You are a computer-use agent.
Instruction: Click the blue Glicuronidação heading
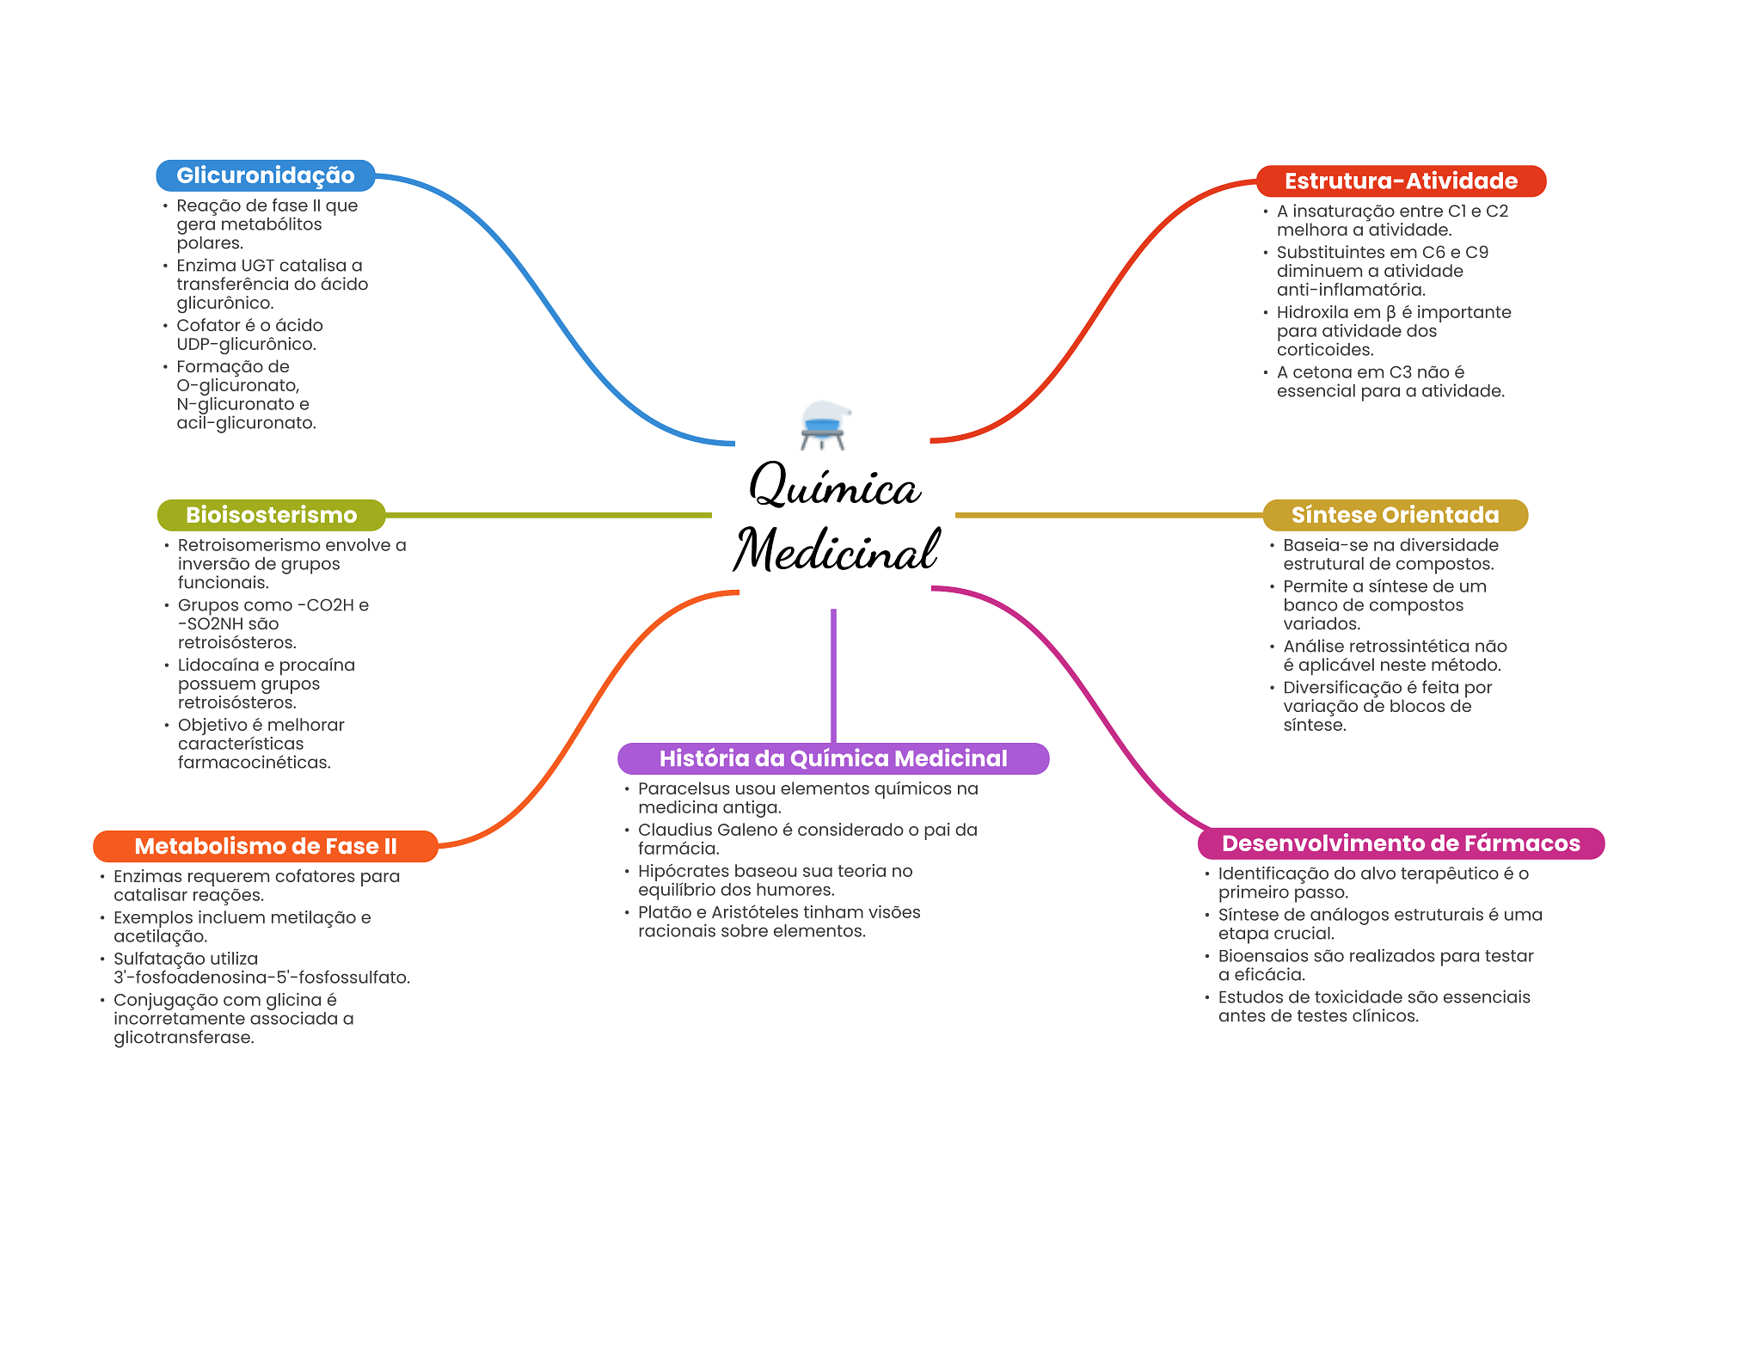tap(265, 175)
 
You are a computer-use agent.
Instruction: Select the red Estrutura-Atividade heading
tap(1400, 181)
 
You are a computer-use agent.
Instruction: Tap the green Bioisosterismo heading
tap(271, 515)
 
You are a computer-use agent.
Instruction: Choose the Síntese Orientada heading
tap(1395, 515)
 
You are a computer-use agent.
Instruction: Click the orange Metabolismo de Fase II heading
tap(265, 846)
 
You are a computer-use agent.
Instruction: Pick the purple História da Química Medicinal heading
tap(832, 758)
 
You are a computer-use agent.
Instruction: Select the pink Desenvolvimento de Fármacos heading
tap(1400, 843)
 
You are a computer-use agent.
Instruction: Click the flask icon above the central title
tap(824, 425)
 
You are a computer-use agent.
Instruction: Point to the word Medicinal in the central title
tap(836, 550)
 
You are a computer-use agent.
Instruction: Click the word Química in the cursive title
tap(834, 487)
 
